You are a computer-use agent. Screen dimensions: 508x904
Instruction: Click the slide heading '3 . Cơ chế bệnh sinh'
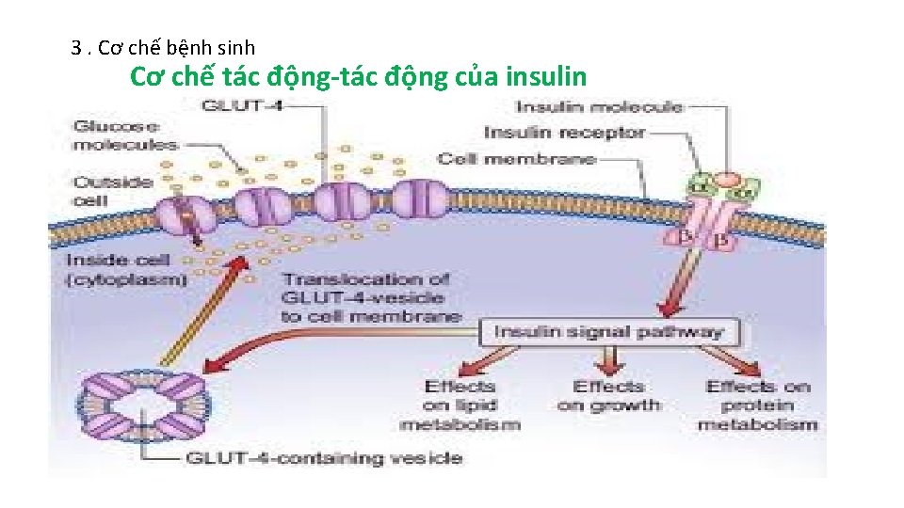click(163, 47)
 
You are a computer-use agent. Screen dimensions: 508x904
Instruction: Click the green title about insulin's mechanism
click(358, 76)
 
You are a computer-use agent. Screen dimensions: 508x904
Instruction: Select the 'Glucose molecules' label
click(124, 135)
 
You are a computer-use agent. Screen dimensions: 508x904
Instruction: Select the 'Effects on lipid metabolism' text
click(460, 405)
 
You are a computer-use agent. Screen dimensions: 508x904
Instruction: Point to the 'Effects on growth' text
click(609, 396)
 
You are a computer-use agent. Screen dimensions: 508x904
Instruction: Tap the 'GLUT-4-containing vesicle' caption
click(323, 458)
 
